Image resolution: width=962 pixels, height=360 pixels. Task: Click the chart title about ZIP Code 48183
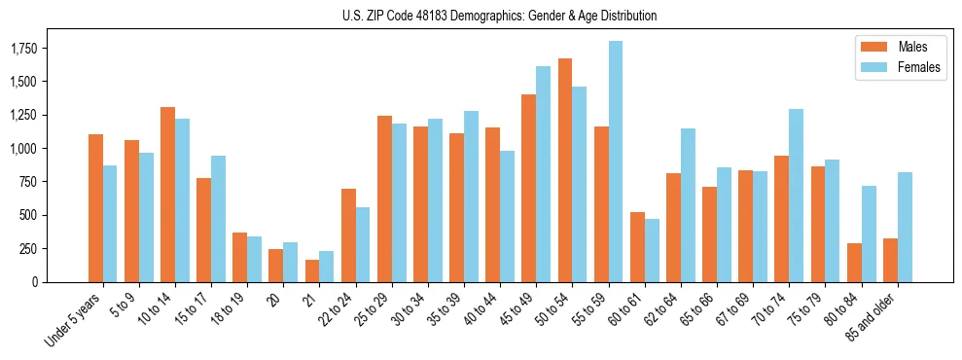[x=499, y=16]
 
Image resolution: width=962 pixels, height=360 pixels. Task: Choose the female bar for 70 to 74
[x=796, y=196]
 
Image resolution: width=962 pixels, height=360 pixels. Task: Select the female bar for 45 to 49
[x=543, y=174]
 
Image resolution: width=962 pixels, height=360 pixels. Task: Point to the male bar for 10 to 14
[x=167, y=195]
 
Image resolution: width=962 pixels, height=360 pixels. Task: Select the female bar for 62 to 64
[x=688, y=205]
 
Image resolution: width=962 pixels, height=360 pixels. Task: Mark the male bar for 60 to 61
[x=637, y=247]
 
